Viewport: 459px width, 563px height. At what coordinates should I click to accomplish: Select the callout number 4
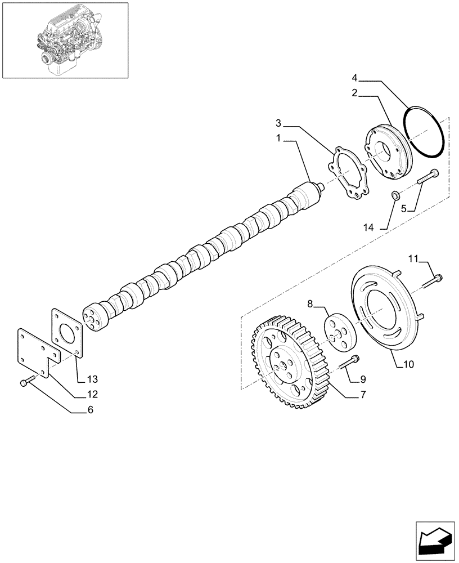355,77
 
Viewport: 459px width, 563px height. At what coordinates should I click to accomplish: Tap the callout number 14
368,227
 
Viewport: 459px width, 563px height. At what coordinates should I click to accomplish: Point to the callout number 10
408,364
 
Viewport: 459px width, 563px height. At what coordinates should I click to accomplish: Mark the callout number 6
89,410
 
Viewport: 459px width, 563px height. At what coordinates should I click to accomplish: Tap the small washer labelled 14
395,195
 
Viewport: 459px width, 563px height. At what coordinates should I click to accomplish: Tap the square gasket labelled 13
67,332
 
